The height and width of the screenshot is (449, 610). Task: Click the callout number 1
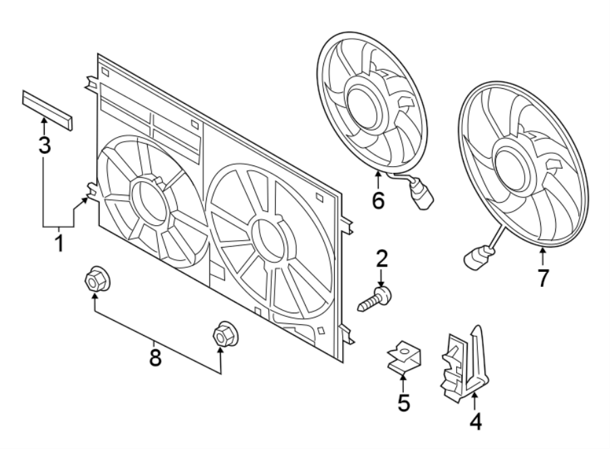59,243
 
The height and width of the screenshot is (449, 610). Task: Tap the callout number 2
382,258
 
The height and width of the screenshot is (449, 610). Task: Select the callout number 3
44,145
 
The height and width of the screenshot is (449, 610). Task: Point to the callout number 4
475,421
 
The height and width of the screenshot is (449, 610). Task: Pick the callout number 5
403,403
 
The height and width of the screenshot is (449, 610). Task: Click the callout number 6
378,200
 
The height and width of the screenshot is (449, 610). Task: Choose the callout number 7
542,277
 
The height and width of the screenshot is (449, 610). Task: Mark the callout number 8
155,358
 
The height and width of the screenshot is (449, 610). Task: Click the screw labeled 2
375,298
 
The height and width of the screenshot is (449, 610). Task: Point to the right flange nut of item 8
222,334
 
